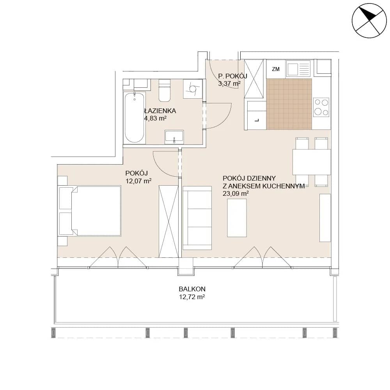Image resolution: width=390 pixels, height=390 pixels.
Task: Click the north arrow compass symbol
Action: (x=369, y=21)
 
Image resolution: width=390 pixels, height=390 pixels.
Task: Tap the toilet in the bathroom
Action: (x=165, y=90)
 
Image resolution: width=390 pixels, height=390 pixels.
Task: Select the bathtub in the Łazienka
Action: (x=134, y=118)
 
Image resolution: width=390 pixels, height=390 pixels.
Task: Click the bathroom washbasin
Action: (x=174, y=137)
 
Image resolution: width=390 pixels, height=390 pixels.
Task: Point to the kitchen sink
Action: (x=298, y=68)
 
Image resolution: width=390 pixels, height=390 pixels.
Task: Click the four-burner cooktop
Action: (x=321, y=107)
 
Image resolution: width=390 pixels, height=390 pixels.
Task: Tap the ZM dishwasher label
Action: (x=276, y=69)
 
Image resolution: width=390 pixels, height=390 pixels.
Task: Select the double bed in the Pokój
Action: (x=90, y=211)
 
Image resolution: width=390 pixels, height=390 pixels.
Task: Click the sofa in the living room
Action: (x=197, y=218)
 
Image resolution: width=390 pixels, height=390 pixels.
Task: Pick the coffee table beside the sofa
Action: (x=237, y=218)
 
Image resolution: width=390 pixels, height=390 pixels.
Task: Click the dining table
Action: (x=311, y=162)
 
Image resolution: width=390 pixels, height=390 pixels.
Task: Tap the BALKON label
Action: (x=192, y=289)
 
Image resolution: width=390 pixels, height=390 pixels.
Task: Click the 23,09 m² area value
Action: (x=236, y=193)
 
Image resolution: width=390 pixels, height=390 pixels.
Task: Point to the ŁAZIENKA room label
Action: (x=160, y=111)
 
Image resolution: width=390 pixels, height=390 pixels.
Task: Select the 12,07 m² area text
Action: (x=138, y=181)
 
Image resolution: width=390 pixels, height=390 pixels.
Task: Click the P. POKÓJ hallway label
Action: (x=232, y=76)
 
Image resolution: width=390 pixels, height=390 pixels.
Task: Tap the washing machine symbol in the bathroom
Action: (x=193, y=89)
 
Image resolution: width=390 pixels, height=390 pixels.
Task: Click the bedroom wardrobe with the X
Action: (x=168, y=222)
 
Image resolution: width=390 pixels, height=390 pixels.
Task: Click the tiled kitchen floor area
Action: (x=289, y=104)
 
